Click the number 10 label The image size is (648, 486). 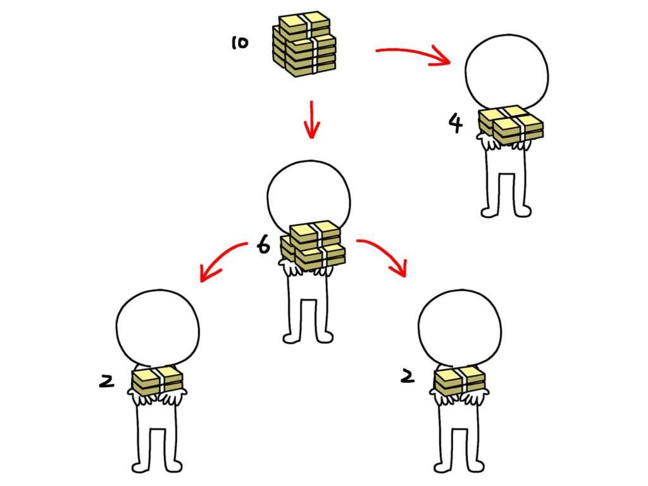tap(240, 42)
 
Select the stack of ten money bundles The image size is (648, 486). tap(304, 45)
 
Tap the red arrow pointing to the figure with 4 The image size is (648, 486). tap(413, 54)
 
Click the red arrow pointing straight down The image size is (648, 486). tap(311, 120)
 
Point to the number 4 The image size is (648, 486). tap(456, 123)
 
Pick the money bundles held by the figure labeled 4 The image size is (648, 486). tap(511, 125)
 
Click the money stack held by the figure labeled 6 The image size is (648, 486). tap(313, 246)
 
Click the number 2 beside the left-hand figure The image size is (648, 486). tap(106, 380)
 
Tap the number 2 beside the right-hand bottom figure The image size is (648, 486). tap(408, 376)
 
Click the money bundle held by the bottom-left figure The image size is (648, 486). tap(157, 380)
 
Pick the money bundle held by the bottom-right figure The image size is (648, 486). tap(459, 380)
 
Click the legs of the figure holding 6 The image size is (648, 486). tap(308, 318)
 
